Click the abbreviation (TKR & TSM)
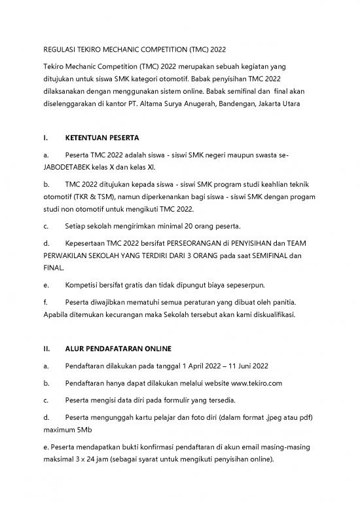click(109, 197)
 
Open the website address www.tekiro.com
click(255, 382)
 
